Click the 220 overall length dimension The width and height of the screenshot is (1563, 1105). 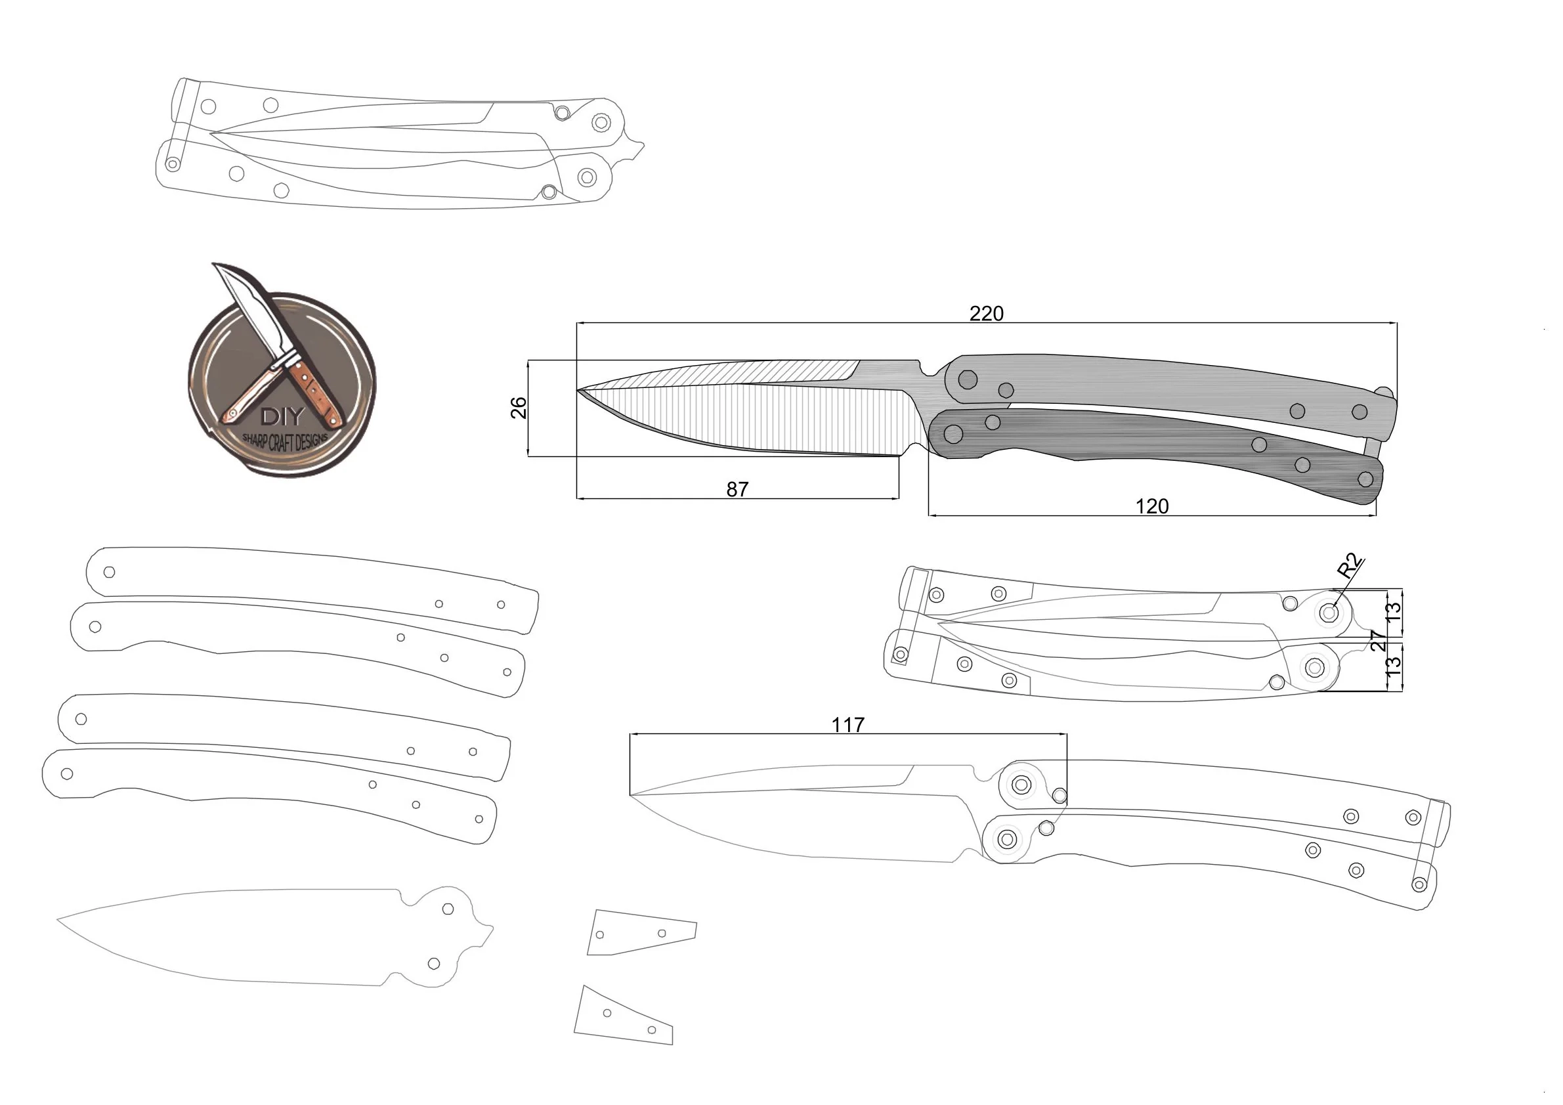click(x=986, y=314)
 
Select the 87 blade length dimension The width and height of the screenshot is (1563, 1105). click(x=737, y=490)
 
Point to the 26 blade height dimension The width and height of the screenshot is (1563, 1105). click(x=519, y=408)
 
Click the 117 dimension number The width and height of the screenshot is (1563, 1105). click(x=847, y=725)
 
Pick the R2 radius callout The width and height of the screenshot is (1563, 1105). click(x=1350, y=567)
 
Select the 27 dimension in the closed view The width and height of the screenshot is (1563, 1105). click(x=1378, y=641)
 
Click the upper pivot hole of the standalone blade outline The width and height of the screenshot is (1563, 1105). click(x=448, y=909)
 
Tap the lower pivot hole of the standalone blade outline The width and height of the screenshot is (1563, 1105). click(x=433, y=963)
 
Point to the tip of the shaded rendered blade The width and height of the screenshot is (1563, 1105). click(x=578, y=391)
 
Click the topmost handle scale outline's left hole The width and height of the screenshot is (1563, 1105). click(x=109, y=572)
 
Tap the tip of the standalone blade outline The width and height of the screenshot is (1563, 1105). click(x=58, y=920)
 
